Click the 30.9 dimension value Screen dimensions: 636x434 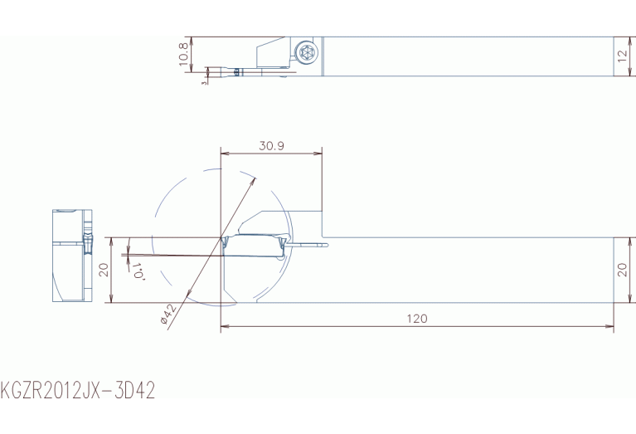(271, 145)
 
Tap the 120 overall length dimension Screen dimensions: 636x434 (417, 319)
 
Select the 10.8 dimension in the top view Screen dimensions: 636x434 (183, 54)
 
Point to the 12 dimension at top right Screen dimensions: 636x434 (622, 56)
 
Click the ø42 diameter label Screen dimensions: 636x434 (168, 314)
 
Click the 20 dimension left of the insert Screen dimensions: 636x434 (104, 270)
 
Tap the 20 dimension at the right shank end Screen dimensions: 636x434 (622, 270)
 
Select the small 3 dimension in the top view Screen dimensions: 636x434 (205, 81)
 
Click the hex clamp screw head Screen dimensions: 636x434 (305, 52)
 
